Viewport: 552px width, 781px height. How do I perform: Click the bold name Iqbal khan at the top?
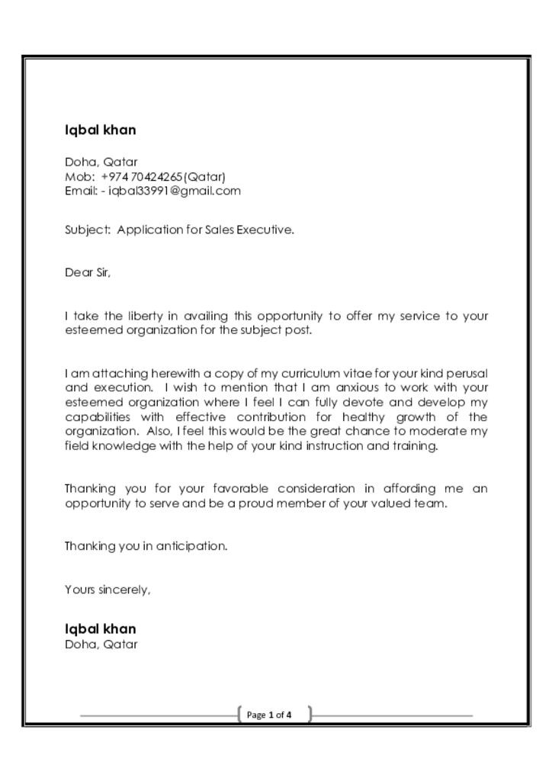click(x=101, y=130)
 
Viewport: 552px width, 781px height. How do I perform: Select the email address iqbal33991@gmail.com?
click(x=175, y=191)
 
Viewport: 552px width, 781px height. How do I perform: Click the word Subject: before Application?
click(x=88, y=230)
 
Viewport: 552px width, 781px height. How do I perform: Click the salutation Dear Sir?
click(x=88, y=272)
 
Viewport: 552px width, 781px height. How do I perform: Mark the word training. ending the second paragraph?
click(x=414, y=446)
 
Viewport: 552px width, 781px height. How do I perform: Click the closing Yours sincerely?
click(x=108, y=590)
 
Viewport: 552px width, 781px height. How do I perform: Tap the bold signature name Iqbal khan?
click(x=101, y=629)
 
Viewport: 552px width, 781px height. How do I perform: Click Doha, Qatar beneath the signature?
click(x=101, y=644)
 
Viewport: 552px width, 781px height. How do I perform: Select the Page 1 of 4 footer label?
click(x=269, y=715)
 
